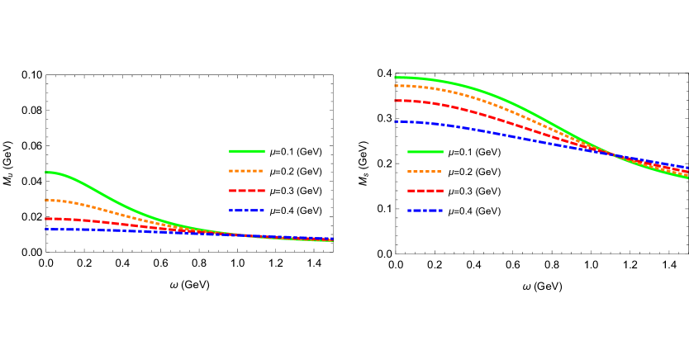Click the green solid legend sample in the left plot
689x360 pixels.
click(x=246, y=151)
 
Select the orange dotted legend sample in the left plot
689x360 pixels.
click(x=246, y=171)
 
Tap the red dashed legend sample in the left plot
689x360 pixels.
click(x=246, y=191)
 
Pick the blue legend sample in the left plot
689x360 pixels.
click(x=246, y=211)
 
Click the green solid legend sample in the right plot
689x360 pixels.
click(x=425, y=152)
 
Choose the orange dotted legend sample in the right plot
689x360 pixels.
click(x=425, y=172)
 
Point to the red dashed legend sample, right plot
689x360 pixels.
click(x=425, y=191)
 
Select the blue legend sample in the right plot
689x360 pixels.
click(x=425, y=211)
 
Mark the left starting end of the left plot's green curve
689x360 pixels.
click(x=46, y=173)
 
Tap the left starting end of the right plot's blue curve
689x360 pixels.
click(x=397, y=121)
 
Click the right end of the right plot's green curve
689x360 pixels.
click(x=687, y=177)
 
